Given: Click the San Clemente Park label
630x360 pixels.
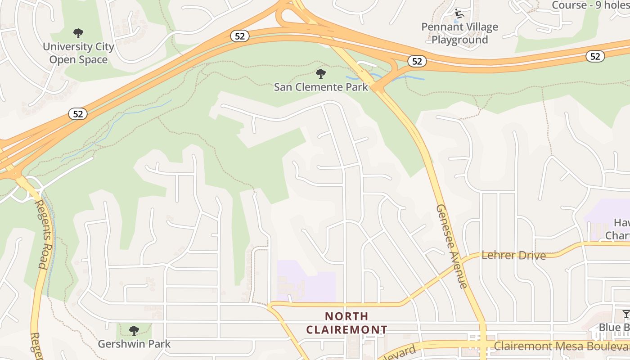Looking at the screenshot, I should pos(321,87).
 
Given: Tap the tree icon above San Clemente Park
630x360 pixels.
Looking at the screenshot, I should pos(320,73).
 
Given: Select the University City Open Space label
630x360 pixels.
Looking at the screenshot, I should pos(78,53).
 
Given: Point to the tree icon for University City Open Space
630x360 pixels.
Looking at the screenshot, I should pos(78,33).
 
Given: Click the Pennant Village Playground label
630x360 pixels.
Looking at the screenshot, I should pos(459,33).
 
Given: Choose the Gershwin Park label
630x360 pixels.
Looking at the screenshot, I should pos(135,344).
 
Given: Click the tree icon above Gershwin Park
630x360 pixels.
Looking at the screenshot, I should pos(134,331).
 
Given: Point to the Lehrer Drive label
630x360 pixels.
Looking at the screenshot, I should pos(513,256).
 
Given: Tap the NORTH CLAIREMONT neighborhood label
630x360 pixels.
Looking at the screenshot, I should pos(346,323).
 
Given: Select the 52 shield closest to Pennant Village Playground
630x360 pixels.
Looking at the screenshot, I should pos(417,61).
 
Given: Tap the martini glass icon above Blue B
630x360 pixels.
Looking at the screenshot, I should pos(625,314).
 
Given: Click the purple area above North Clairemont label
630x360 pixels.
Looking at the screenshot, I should pos(306,281).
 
